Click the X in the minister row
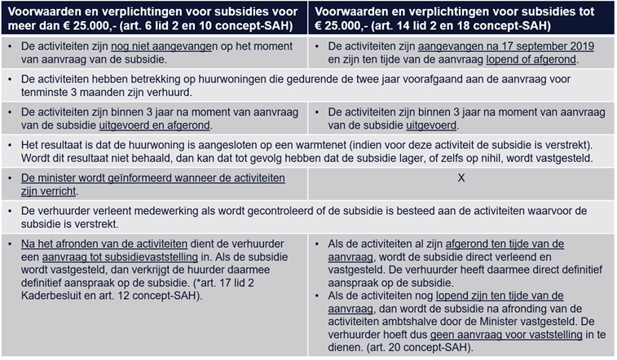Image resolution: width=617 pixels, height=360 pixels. [461, 178]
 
